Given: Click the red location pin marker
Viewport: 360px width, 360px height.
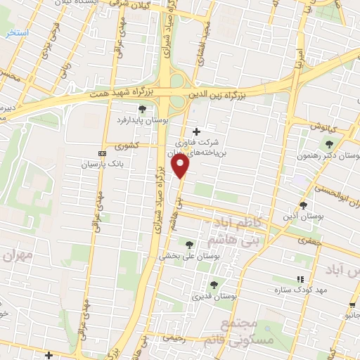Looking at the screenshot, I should point(181,166).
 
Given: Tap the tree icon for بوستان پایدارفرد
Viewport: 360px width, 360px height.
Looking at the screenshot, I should point(143,109).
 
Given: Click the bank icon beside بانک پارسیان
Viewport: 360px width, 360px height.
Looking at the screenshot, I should point(103,153).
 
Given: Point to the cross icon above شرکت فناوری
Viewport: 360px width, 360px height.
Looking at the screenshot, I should point(196,131).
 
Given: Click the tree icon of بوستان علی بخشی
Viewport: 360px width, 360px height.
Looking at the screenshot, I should point(189,243).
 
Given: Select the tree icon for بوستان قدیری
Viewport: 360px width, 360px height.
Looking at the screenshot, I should point(214,285).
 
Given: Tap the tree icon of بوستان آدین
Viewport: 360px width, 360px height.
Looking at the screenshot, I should point(303,205).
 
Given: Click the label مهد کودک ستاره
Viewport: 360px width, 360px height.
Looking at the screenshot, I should point(322,290).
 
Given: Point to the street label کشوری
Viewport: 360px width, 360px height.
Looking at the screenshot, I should point(129,146).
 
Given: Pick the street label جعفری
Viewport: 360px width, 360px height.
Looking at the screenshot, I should point(307,240).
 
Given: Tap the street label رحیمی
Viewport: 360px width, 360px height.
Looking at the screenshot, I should point(174,338).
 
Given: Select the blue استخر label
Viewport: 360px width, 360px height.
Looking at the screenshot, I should point(15,32).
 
